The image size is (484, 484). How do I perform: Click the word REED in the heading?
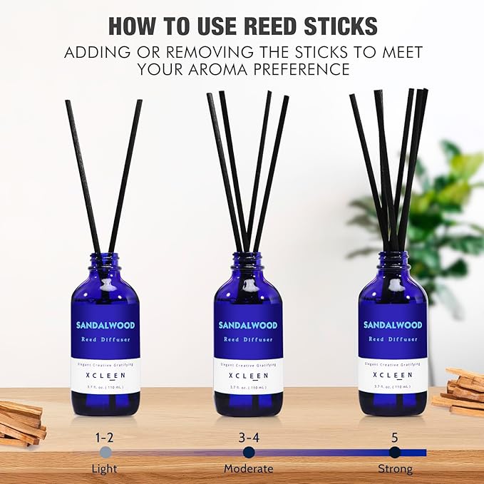pyautogui.click(x=250, y=26)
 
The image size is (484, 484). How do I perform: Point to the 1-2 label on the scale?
pyautogui.click(x=105, y=436)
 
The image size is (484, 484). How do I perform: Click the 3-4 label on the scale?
pyautogui.click(x=248, y=436)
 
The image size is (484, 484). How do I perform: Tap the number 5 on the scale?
pyautogui.click(x=394, y=436)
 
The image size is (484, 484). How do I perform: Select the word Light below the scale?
pyautogui.click(x=105, y=468)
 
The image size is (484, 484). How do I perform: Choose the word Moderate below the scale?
pyautogui.click(x=248, y=468)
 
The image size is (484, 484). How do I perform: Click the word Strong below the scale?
pyautogui.click(x=395, y=468)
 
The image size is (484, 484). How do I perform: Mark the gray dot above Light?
pyautogui.click(x=105, y=452)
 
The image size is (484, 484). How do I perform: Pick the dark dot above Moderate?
pyautogui.click(x=248, y=452)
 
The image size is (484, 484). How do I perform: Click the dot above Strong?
pyautogui.click(x=394, y=452)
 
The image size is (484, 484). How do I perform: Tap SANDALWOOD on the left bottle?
pyautogui.click(x=105, y=325)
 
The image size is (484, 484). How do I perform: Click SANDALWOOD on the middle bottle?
pyautogui.click(x=248, y=325)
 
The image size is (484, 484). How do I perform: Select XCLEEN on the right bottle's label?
pyautogui.click(x=393, y=375)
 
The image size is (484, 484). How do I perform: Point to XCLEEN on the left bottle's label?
pyautogui.click(x=105, y=375)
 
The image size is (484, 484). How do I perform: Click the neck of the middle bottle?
pyautogui.click(x=248, y=262)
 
